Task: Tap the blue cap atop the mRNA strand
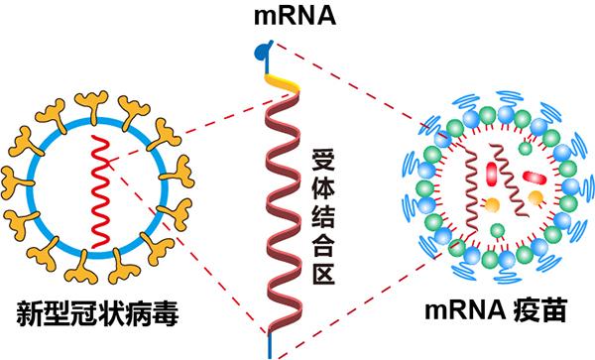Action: pyautogui.click(x=260, y=46)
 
